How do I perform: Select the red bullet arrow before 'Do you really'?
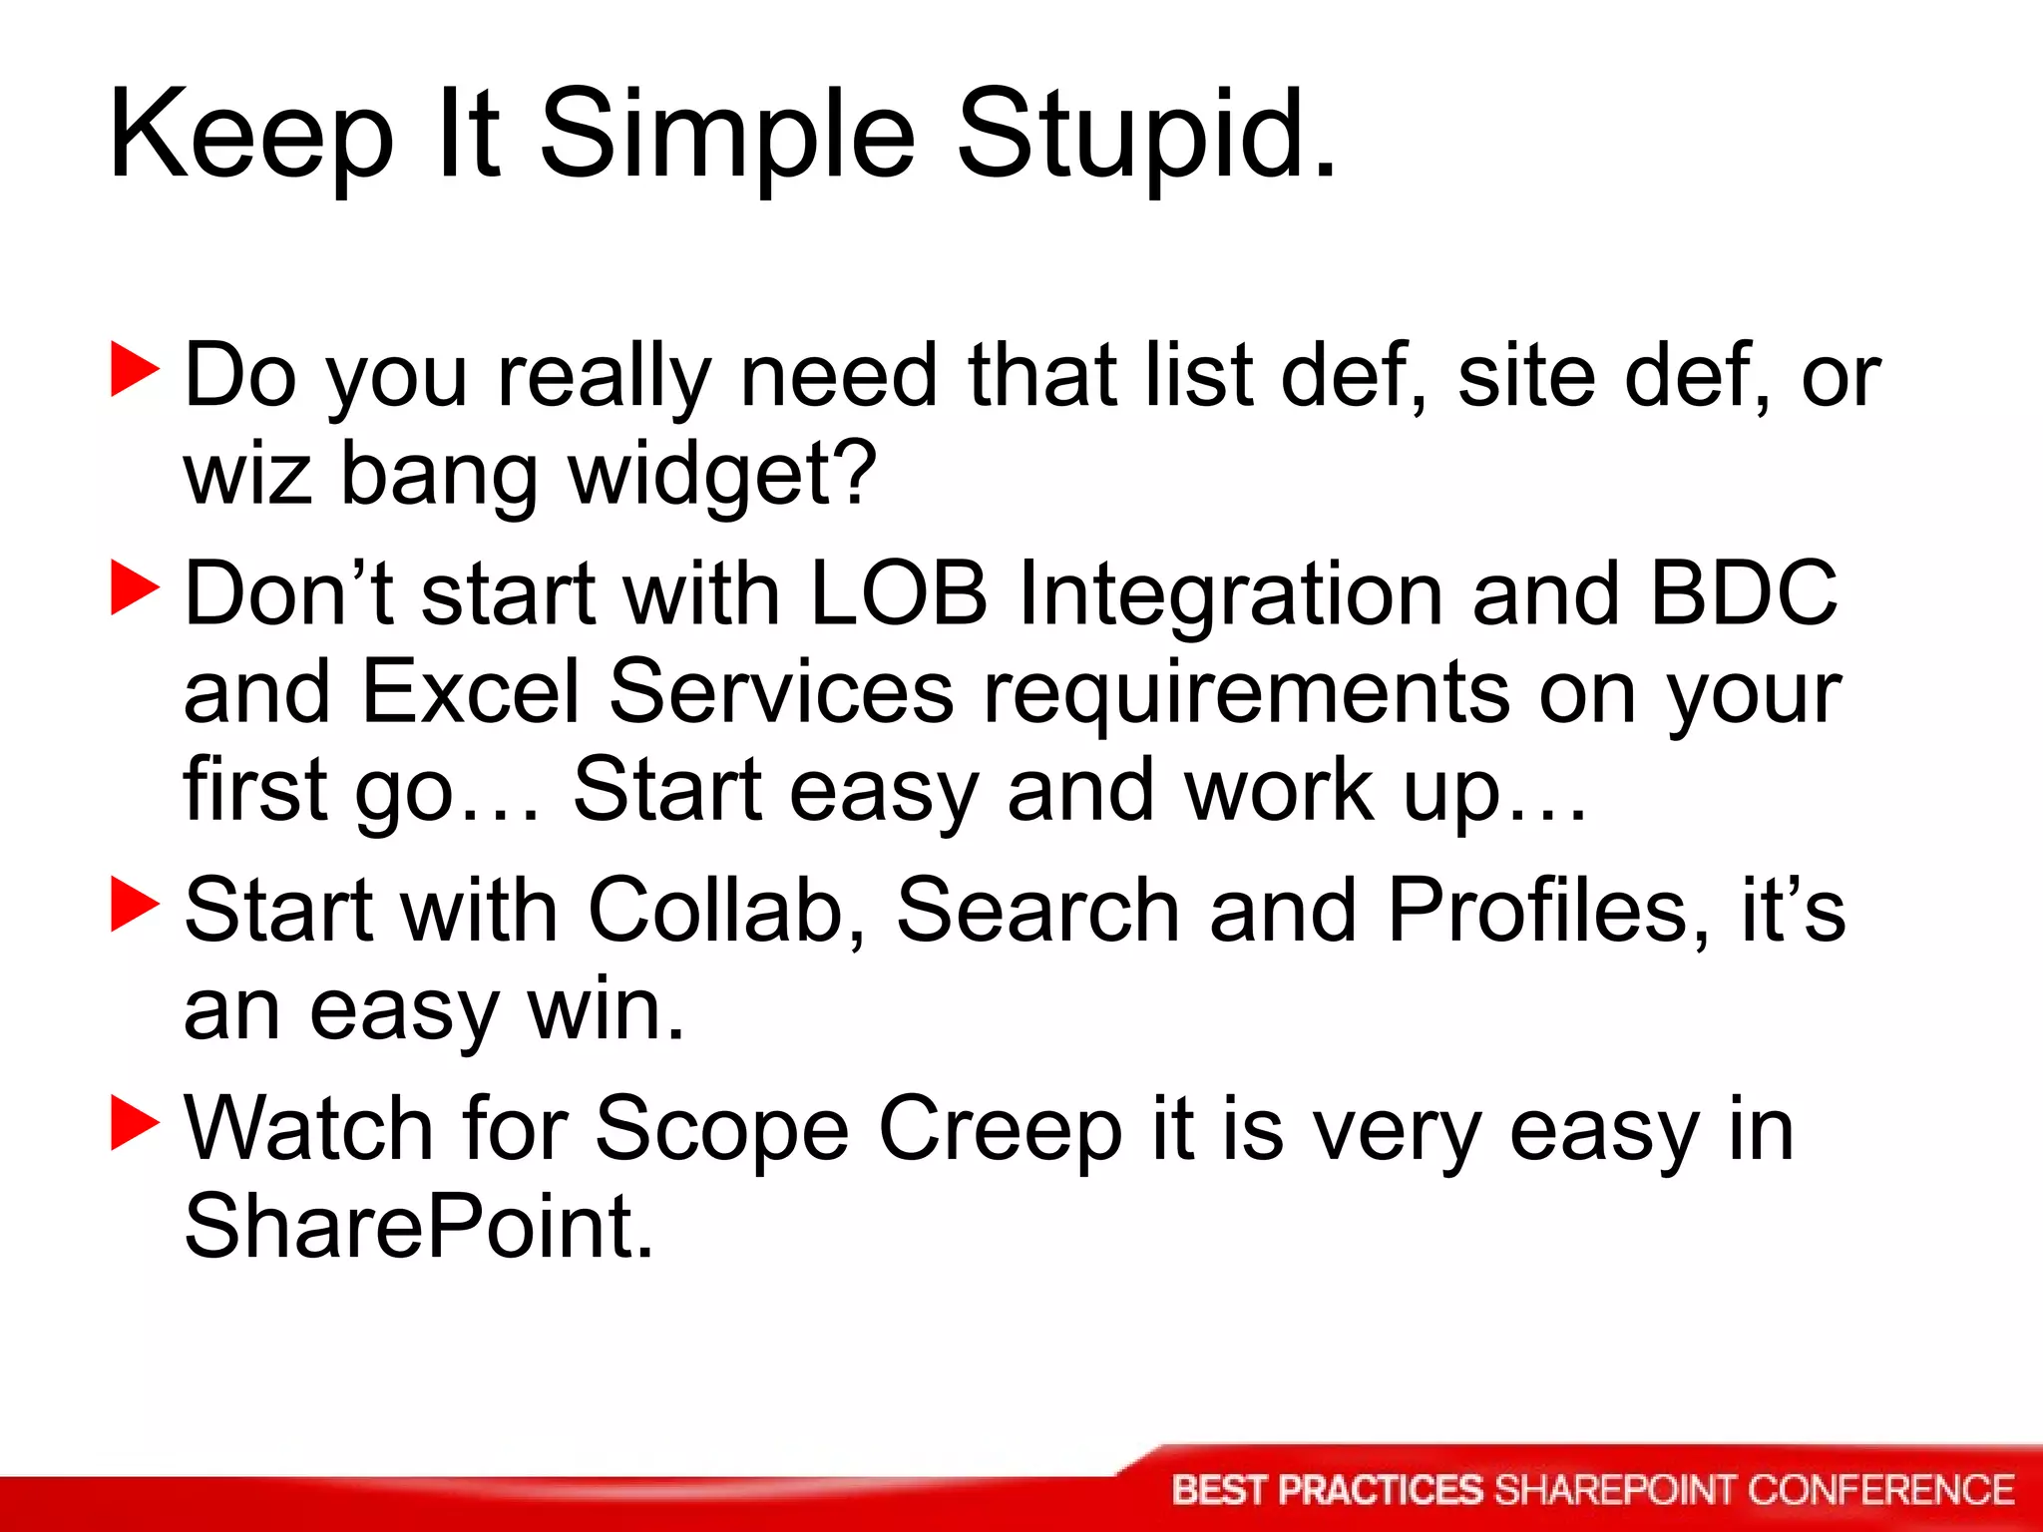[135, 370]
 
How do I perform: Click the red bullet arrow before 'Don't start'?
[135, 588]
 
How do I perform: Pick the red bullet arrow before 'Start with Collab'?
[135, 905]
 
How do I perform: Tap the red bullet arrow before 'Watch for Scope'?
[135, 1123]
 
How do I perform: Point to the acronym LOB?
[898, 593]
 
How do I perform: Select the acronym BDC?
[1743, 593]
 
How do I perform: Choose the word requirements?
[1246, 693]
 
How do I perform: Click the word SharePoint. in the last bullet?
[418, 1228]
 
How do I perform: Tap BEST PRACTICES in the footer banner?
[1328, 1490]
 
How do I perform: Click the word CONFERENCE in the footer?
[1880, 1490]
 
